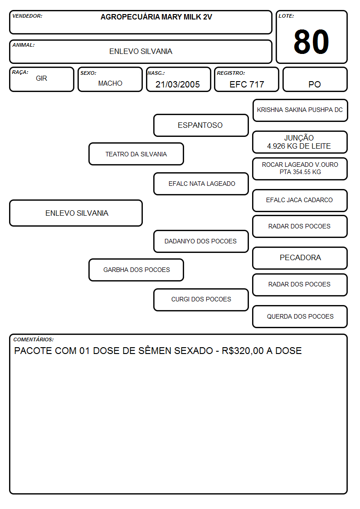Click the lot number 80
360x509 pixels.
click(311, 42)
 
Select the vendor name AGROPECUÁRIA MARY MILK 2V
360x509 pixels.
click(156, 17)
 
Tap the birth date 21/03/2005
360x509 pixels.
click(178, 84)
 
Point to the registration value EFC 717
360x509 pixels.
click(247, 84)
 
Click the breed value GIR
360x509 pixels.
click(41, 78)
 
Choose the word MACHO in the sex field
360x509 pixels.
click(110, 83)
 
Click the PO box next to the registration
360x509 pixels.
click(315, 79)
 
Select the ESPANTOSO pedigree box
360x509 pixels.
click(201, 125)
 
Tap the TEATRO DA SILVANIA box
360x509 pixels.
click(136, 154)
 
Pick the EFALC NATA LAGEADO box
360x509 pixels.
click(201, 184)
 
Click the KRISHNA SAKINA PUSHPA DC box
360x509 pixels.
click(300, 111)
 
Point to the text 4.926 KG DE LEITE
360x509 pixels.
click(299, 146)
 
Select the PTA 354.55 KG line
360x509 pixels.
click(300, 172)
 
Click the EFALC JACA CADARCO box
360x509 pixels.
click(300, 200)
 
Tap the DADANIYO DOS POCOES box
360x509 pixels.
click(201, 242)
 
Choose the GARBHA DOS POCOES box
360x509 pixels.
click(136, 270)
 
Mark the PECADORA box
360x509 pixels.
click(300, 258)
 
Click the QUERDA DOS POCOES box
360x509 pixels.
click(300, 316)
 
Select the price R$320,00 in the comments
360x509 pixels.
click(243, 351)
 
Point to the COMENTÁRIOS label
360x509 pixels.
click(34, 339)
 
